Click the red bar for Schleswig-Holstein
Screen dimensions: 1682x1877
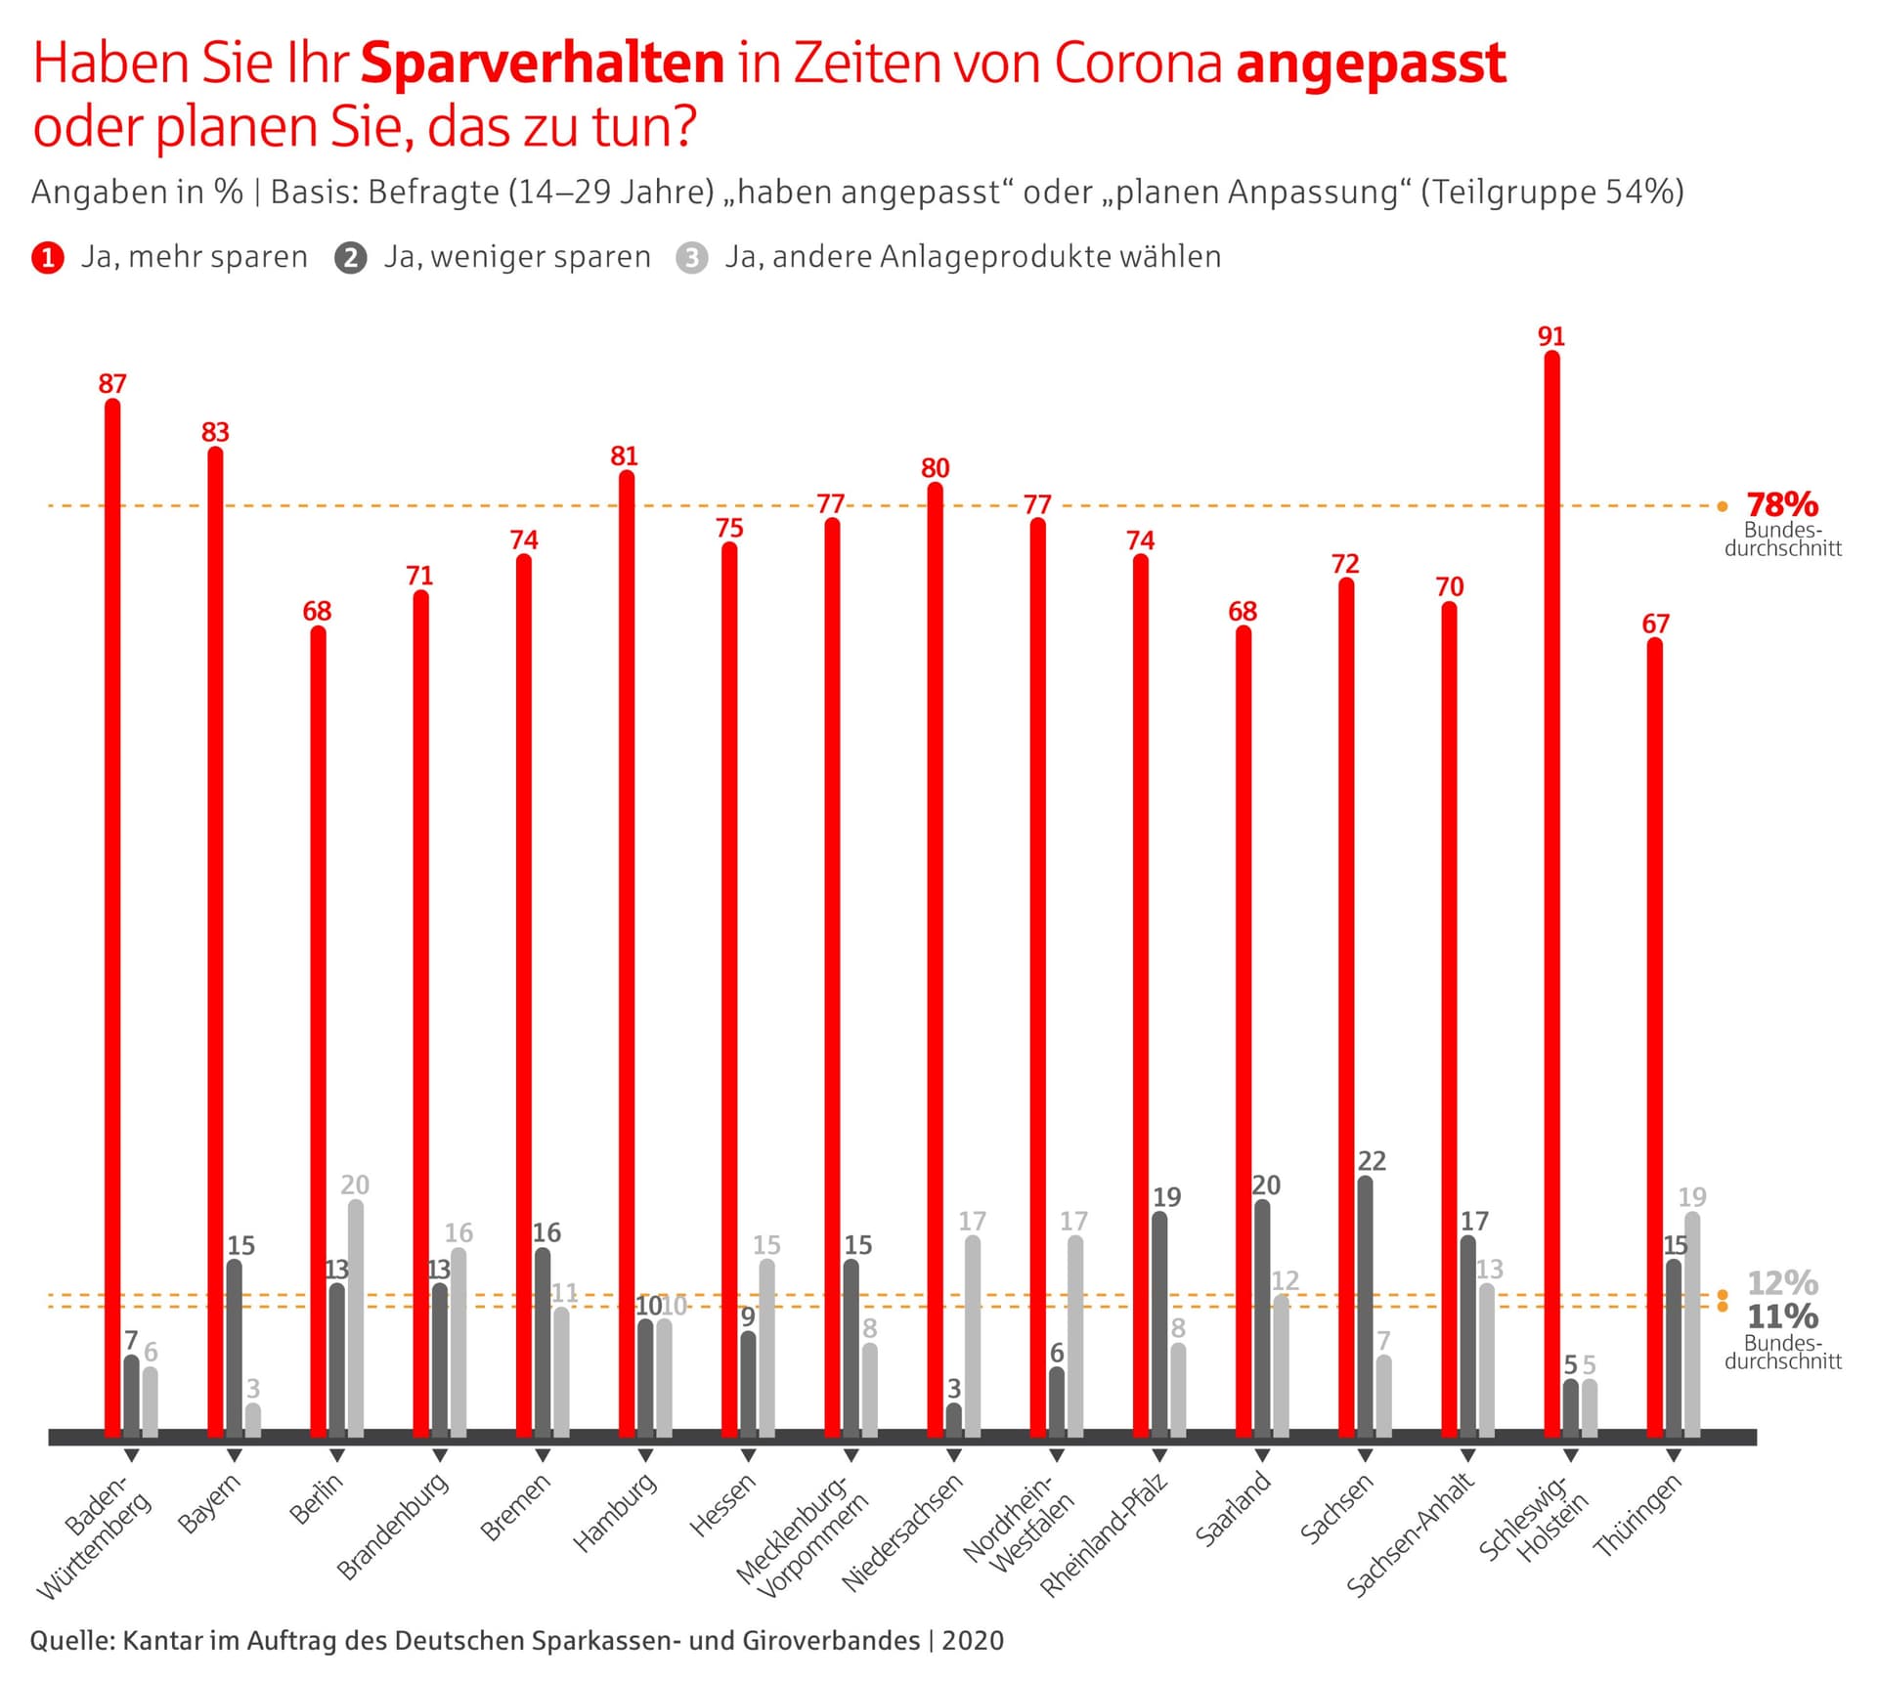1551,894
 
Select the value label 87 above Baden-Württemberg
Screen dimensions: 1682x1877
112,384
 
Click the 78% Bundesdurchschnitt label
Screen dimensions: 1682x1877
1782,505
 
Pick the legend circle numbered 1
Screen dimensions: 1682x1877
48,258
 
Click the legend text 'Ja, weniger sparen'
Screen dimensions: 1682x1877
516,257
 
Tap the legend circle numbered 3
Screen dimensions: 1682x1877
692,258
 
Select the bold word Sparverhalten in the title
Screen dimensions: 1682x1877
543,64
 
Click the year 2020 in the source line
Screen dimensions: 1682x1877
973,1640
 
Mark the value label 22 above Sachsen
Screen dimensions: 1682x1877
1372,1161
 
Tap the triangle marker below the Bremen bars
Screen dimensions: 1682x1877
543,1456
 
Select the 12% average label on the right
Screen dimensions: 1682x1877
1782,1282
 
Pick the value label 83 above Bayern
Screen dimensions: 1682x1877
215,432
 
